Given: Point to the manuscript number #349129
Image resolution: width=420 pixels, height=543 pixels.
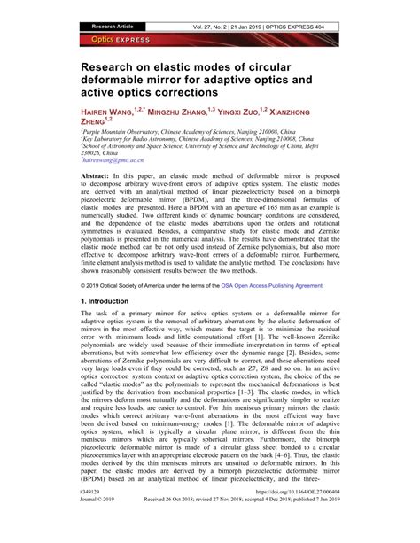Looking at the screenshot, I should [x=90, y=515].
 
